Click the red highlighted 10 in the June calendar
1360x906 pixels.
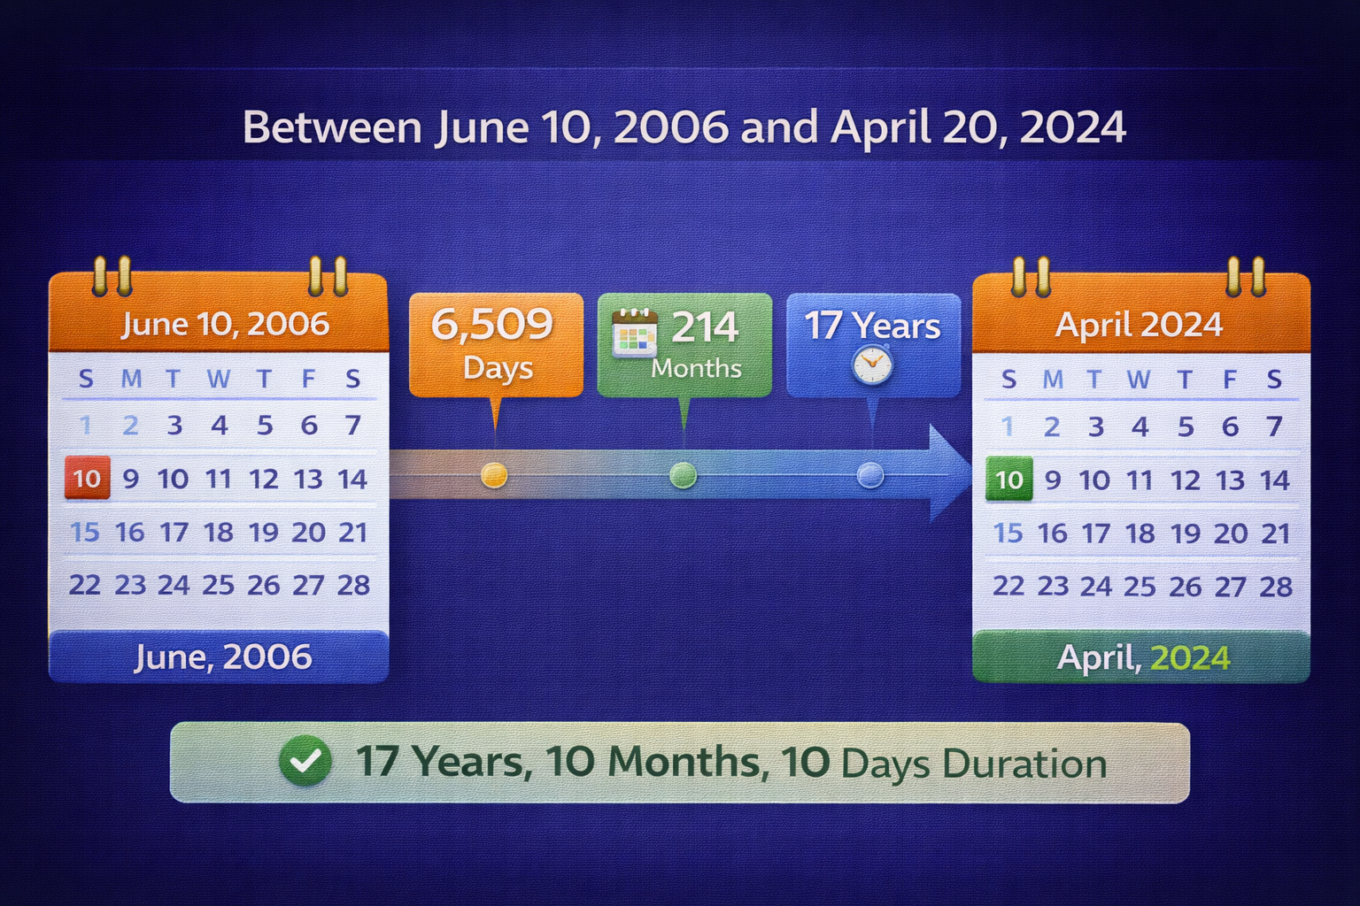[x=87, y=479]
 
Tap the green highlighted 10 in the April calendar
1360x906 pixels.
[x=1008, y=480]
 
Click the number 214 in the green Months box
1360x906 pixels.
[x=705, y=327]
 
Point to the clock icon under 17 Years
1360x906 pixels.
[x=872, y=365]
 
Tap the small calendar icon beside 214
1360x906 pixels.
[x=635, y=334]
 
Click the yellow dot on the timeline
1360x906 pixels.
[x=494, y=475]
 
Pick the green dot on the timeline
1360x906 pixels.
[x=683, y=475]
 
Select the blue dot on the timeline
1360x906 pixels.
[x=870, y=475]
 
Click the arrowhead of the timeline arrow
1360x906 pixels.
[x=951, y=473]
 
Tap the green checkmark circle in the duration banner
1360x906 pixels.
[x=305, y=761]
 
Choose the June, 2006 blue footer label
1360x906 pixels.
[x=222, y=657]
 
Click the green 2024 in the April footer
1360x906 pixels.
[x=1190, y=658]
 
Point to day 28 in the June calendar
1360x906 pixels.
[x=353, y=585]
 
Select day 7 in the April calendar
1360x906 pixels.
[x=1274, y=426]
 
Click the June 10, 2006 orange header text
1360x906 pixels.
[x=225, y=324]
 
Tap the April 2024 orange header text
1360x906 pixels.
[x=1139, y=325]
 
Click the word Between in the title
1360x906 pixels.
[x=332, y=127]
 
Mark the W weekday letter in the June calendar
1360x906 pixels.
[x=219, y=380]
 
